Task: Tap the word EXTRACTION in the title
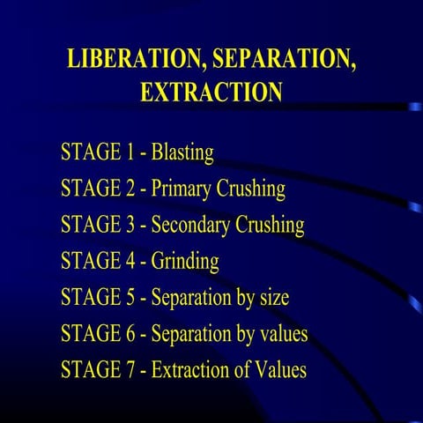click(x=211, y=92)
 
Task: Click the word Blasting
click(x=182, y=152)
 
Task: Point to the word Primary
click(x=182, y=189)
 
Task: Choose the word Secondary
click(x=191, y=226)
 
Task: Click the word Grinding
click(x=185, y=262)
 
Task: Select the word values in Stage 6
click(x=279, y=334)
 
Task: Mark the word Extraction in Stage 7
click(x=190, y=370)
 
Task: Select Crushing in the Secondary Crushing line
click(x=270, y=226)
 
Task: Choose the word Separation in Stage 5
click(x=191, y=298)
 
